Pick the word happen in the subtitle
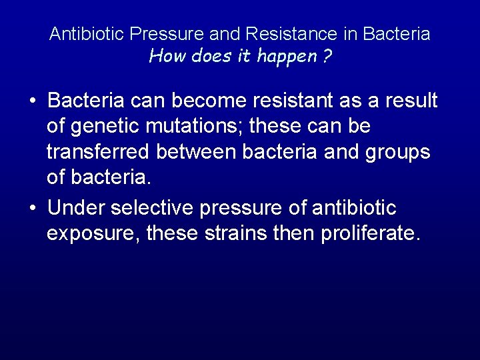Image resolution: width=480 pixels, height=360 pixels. point(287,56)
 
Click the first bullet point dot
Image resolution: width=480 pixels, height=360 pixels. point(32,101)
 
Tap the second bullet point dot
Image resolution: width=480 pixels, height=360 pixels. point(32,208)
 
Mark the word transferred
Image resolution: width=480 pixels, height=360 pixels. point(98,152)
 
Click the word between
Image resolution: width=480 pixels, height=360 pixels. point(195,152)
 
